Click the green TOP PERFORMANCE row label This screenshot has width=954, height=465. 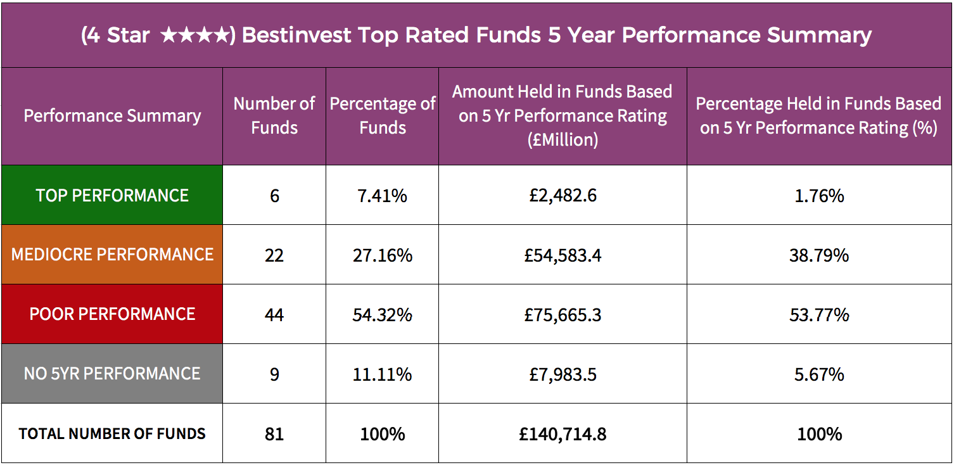click(x=112, y=195)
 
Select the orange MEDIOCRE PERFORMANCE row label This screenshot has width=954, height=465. click(x=112, y=255)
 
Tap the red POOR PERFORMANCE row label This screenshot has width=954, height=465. click(x=112, y=314)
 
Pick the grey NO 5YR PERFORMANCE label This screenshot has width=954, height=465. click(x=112, y=374)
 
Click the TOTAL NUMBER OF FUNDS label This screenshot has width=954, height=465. click(x=112, y=434)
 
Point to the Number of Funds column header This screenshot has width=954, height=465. click(x=274, y=116)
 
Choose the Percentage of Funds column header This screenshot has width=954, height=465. click(x=383, y=116)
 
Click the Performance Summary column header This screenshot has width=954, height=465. click(x=112, y=116)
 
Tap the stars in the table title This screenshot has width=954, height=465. click(x=194, y=35)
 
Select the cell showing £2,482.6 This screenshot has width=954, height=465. click(x=563, y=195)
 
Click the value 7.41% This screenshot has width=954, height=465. click(x=383, y=196)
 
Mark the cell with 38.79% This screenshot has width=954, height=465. click(x=819, y=255)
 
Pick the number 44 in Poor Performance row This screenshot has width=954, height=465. click(x=274, y=315)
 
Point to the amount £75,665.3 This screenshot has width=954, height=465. click(x=563, y=315)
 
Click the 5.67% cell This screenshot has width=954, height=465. click(x=819, y=374)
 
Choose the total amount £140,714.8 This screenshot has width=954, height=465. click(x=563, y=434)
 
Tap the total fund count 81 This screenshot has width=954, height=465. click(x=274, y=434)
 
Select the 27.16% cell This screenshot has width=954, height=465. click(x=383, y=255)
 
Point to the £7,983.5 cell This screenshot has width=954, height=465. click(x=563, y=374)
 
